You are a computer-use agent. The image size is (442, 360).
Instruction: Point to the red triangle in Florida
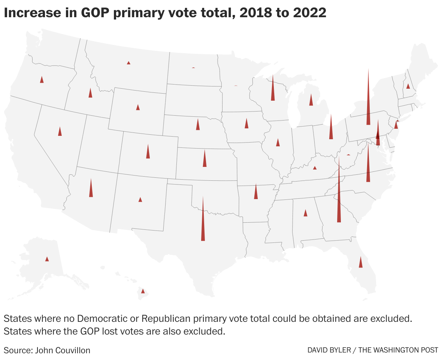pos(361,263)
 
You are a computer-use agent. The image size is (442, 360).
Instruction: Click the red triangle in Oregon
pos(42,80)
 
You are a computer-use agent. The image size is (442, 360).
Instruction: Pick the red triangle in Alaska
pos(47,259)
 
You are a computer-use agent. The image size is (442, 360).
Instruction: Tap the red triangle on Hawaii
pos(142,291)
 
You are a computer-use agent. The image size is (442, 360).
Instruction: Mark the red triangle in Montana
pos(128,63)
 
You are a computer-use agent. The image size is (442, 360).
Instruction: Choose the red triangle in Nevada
pos(60,132)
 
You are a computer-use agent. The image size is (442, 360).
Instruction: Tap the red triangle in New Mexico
pos(140,200)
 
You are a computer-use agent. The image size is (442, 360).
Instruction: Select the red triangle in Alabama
pos(305,213)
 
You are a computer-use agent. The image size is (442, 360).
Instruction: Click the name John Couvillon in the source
pos(63,350)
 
